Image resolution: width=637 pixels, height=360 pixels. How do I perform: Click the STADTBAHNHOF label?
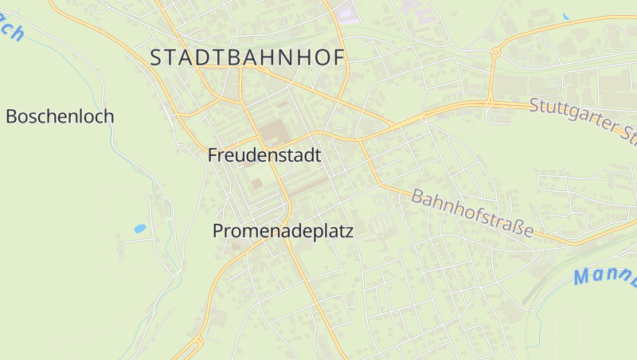click(x=248, y=57)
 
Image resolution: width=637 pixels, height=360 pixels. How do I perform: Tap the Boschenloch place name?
click(x=60, y=116)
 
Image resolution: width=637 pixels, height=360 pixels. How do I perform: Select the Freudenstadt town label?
click(x=264, y=155)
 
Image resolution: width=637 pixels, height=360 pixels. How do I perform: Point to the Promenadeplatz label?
click(x=283, y=231)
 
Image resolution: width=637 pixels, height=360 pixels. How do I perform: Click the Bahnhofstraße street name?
click(x=472, y=213)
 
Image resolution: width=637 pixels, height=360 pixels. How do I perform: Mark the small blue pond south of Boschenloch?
click(x=140, y=229)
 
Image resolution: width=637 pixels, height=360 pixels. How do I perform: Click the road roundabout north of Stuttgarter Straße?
click(x=494, y=53)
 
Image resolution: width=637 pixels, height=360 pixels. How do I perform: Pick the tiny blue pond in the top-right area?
click(x=565, y=16)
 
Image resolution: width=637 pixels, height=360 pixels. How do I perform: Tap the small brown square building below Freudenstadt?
click(x=256, y=183)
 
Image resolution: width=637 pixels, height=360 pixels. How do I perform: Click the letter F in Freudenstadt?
click(x=213, y=155)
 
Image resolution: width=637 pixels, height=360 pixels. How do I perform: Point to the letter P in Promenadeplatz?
click(x=218, y=231)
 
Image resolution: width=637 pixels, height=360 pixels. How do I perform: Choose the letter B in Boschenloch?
click(x=11, y=116)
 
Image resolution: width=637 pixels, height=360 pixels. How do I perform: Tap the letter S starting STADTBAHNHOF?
click(x=156, y=57)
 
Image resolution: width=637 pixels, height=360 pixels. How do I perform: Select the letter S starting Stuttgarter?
click(x=534, y=104)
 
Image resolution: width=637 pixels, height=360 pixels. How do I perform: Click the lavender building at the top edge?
click(x=347, y=12)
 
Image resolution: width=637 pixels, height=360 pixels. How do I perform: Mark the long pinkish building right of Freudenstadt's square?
click(x=307, y=186)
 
